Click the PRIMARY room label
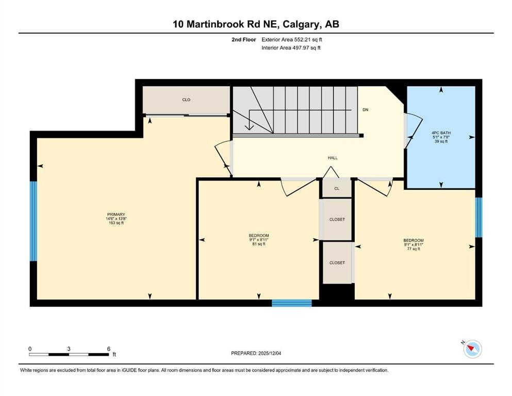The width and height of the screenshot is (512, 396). [x=116, y=214]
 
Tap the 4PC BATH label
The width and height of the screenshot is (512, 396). [x=441, y=133]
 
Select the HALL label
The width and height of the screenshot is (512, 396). [x=333, y=158]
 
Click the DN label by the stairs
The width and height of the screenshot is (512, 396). [x=366, y=110]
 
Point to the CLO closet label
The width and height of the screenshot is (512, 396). [x=186, y=100]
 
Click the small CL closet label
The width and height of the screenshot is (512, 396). [x=337, y=189]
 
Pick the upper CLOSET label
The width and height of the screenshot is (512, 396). [x=337, y=219]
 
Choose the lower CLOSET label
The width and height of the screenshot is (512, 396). [x=337, y=262]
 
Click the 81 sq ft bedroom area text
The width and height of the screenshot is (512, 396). [x=258, y=244]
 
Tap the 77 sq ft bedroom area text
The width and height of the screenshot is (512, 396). [x=413, y=249]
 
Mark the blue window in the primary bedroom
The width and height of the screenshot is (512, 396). [x=34, y=221]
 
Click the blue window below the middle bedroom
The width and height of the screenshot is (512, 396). [x=291, y=303]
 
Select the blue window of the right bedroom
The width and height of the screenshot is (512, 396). [x=478, y=217]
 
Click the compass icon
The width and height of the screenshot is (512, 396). [x=472, y=349]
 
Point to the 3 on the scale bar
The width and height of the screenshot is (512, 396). [x=69, y=349]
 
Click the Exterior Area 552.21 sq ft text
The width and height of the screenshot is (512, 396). [x=293, y=39]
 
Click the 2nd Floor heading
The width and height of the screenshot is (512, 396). [x=243, y=39]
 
